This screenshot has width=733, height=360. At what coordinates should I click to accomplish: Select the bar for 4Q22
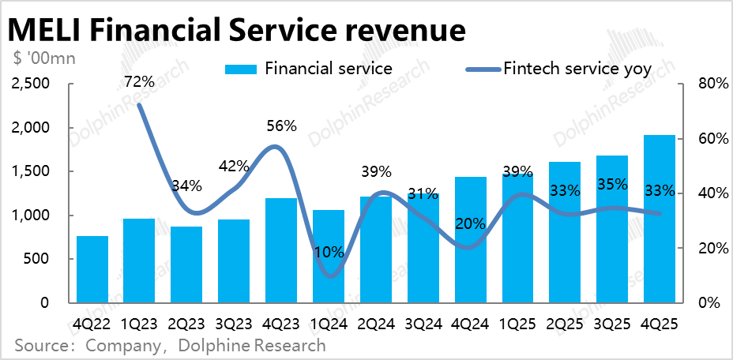92,269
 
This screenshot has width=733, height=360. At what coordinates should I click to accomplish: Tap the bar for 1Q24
329,257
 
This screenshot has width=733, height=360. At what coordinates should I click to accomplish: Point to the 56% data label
281,126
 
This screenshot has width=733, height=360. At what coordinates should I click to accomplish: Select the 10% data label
329,253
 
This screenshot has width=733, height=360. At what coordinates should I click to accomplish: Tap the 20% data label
471,223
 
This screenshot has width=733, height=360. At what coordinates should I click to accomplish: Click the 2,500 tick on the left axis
31,84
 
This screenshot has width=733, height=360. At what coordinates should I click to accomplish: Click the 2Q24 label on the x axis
376,324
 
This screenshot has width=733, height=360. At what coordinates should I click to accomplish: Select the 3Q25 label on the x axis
612,324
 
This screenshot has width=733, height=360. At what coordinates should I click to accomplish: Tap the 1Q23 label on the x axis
140,324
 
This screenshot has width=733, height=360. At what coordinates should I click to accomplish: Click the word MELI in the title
44,31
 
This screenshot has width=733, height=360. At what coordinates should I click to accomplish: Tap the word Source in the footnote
41,346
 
